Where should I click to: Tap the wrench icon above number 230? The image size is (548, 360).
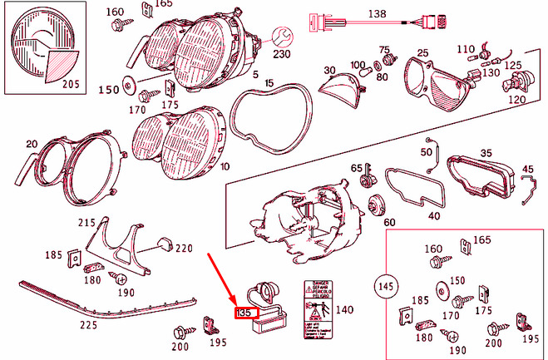pyautogui.click(x=283, y=35)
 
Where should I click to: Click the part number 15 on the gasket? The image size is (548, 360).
pyautogui.click(x=269, y=84)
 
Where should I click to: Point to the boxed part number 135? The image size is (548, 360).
pyautogui.click(x=244, y=313)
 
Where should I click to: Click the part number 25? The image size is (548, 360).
pyautogui.click(x=422, y=54)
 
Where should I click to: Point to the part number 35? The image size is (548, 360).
pyautogui.click(x=486, y=153)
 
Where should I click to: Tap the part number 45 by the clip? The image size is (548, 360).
pyautogui.click(x=527, y=170)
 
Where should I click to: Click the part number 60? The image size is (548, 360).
pyautogui.click(x=390, y=223)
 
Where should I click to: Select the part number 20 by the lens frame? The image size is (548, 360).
pyautogui.click(x=32, y=145)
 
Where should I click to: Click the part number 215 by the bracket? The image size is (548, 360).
pyautogui.click(x=86, y=223)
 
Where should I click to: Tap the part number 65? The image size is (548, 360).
pyautogui.click(x=356, y=169)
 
